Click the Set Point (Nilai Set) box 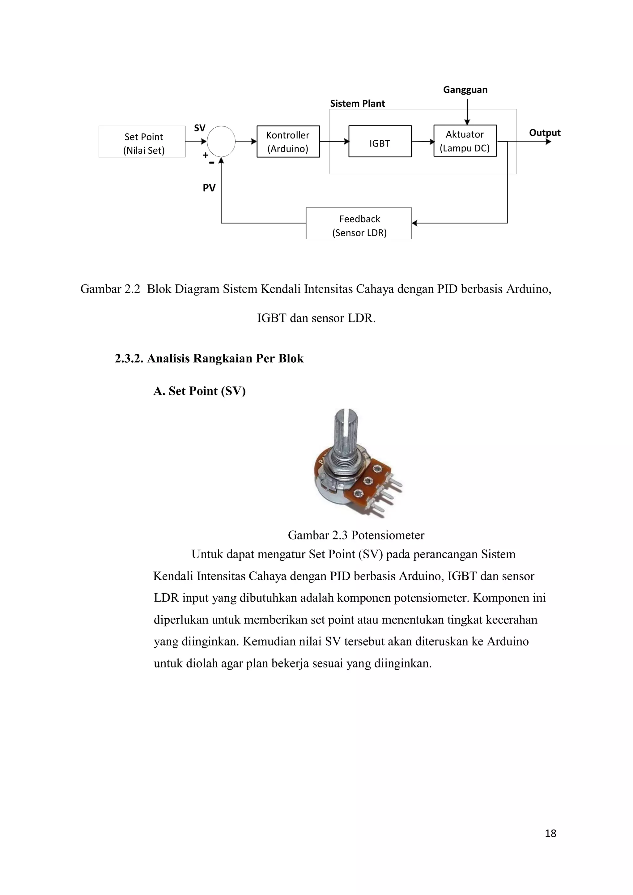(142, 142)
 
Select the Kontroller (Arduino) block (288, 142)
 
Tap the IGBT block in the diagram (380, 142)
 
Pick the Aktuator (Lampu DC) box (465, 141)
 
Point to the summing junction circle (221, 141)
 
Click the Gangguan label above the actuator (465, 90)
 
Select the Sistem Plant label (357, 104)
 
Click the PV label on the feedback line (209, 188)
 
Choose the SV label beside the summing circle (200, 128)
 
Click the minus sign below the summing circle (212, 163)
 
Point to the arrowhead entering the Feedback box (415, 223)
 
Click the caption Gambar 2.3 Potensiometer (356, 535)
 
